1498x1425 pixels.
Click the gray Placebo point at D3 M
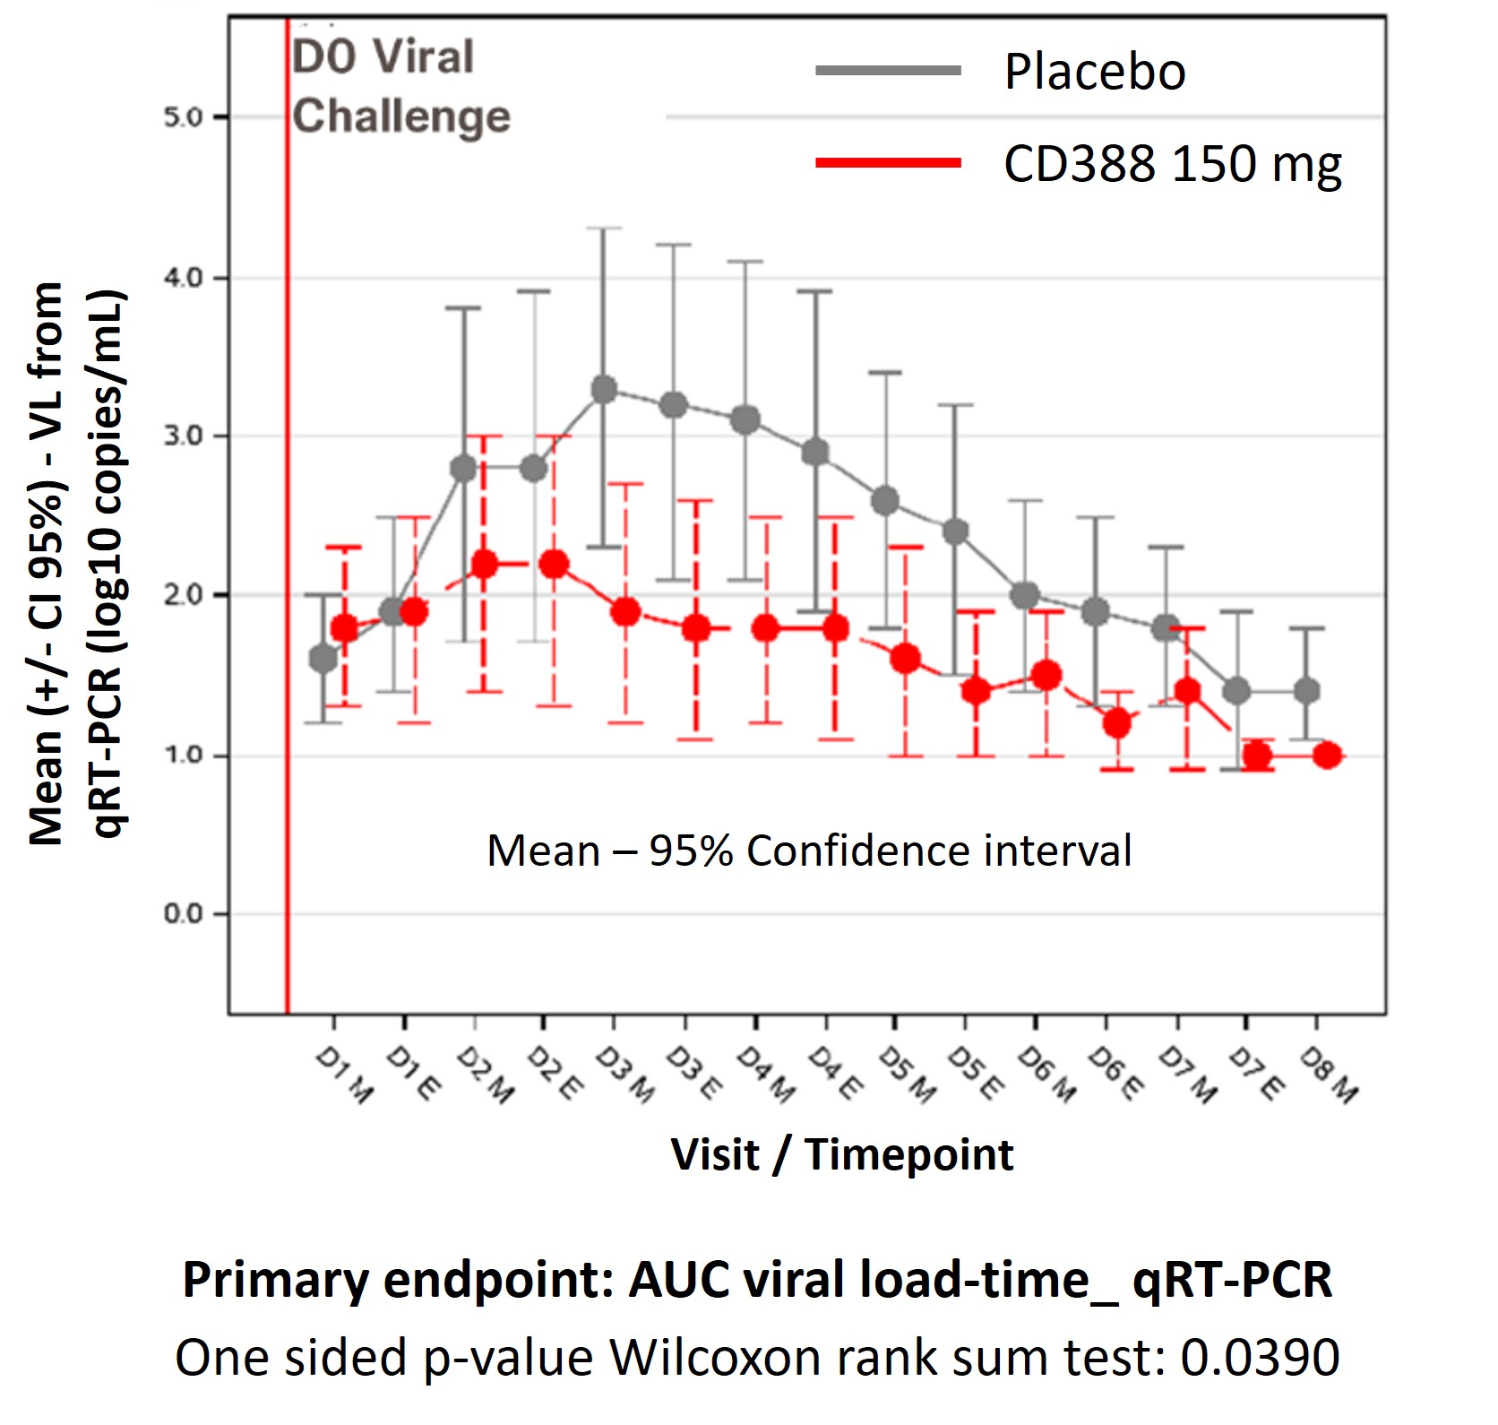pyautogui.click(x=605, y=390)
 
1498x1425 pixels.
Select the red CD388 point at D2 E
pyautogui.click(x=554, y=565)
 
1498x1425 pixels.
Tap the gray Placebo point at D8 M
pyautogui.click(x=1307, y=691)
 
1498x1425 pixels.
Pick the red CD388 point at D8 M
pyautogui.click(x=1328, y=756)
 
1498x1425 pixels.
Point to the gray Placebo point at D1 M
pyautogui.click(x=323, y=659)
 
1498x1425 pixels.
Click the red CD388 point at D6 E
pyautogui.click(x=1116, y=723)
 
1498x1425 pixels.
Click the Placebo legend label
pyautogui.click(x=1095, y=72)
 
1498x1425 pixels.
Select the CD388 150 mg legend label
pyautogui.click(x=1172, y=165)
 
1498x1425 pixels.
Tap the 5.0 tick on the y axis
pyautogui.click(x=184, y=117)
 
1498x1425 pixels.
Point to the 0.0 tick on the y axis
pyautogui.click(x=184, y=914)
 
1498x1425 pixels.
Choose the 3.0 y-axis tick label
pyautogui.click(x=184, y=436)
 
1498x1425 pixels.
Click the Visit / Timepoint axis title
pyautogui.click(x=842, y=1154)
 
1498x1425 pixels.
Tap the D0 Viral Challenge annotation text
pyautogui.click(x=400, y=87)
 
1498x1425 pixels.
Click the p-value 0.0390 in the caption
pyautogui.click(x=1260, y=1358)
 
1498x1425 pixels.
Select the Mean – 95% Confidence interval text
pyautogui.click(x=809, y=851)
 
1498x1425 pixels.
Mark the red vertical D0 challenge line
pyautogui.click(x=287, y=538)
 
